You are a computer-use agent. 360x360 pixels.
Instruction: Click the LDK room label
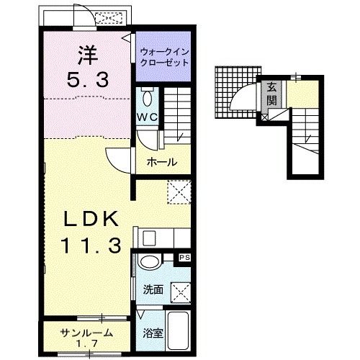(x=91, y=218)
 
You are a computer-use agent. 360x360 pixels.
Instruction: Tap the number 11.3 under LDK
(x=91, y=245)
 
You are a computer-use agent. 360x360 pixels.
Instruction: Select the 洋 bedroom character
(x=88, y=55)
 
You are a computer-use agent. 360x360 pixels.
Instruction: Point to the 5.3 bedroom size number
(x=88, y=80)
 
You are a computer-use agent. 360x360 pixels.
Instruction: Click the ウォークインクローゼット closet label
(x=164, y=57)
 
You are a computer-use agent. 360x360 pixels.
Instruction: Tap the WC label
(x=148, y=117)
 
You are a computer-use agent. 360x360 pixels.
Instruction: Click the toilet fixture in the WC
(x=148, y=96)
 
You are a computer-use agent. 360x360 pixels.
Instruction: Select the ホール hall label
(x=161, y=162)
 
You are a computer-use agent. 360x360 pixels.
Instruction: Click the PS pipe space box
(x=184, y=258)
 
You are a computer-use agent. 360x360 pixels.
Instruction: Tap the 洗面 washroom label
(x=153, y=289)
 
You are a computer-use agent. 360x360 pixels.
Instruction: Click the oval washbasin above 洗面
(x=149, y=262)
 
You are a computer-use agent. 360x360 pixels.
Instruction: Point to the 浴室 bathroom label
(x=153, y=333)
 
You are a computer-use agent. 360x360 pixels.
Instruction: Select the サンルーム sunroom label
(x=86, y=333)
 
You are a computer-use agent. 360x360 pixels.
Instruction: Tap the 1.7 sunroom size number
(x=87, y=343)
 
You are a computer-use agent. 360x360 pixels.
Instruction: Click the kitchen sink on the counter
(x=149, y=238)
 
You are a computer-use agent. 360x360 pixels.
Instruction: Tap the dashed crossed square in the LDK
(x=179, y=192)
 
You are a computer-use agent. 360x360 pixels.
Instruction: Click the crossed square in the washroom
(x=181, y=293)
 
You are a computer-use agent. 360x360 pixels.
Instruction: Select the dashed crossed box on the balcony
(x=109, y=18)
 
